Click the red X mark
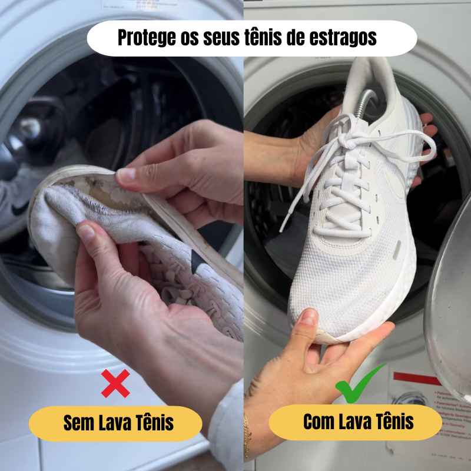coord(116,383)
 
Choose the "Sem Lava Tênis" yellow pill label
coord(115,423)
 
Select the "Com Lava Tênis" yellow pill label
coord(356,422)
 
